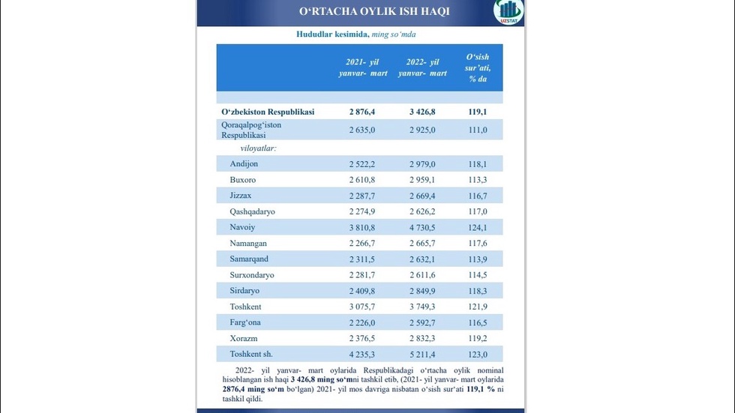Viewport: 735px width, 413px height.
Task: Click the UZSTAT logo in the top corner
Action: point(509,13)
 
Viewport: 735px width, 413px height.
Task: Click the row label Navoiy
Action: point(243,227)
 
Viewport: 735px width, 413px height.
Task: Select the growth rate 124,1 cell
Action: point(478,227)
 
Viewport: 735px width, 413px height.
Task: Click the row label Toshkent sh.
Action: point(252,354)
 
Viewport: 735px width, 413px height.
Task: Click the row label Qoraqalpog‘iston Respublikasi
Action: point(251,130)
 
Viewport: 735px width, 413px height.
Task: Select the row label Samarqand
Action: point(250,259)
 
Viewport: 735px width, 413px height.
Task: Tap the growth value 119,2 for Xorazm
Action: point(478,338)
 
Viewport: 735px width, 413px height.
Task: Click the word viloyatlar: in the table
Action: point(253,148)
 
